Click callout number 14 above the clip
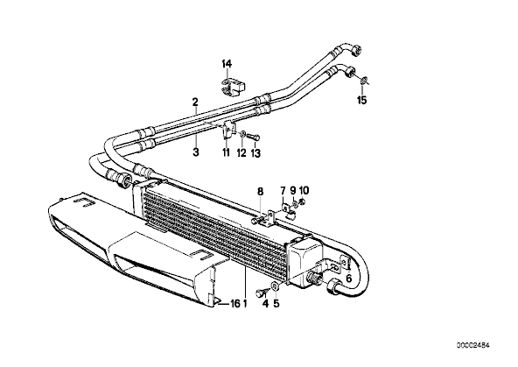227,64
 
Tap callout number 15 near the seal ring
362,100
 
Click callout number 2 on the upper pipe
195,102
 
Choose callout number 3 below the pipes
196,152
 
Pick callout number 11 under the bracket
227,152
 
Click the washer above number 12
242,134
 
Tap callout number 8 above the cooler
261,191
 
